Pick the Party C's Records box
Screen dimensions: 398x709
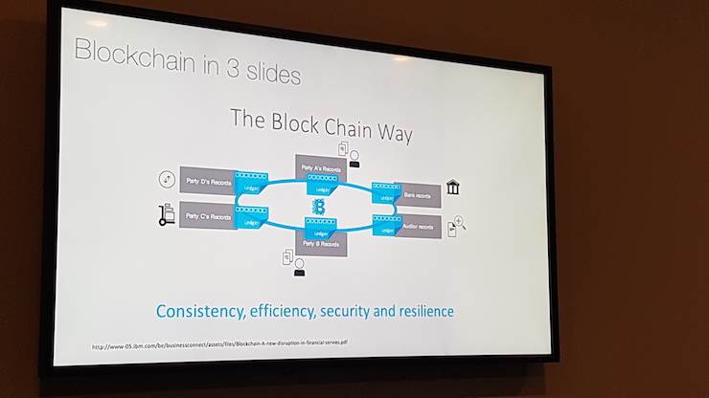click(206, 217)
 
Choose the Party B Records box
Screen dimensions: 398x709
click(322, 242)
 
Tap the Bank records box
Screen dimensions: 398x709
click(419, 194)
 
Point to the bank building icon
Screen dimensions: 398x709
click(452, 187)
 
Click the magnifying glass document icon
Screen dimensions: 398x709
click(456, 228)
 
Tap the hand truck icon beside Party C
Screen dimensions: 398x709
click(167, 214)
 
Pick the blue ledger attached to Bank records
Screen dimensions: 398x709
click(384, 194)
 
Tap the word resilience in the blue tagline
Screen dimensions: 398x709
click(418, 312)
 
